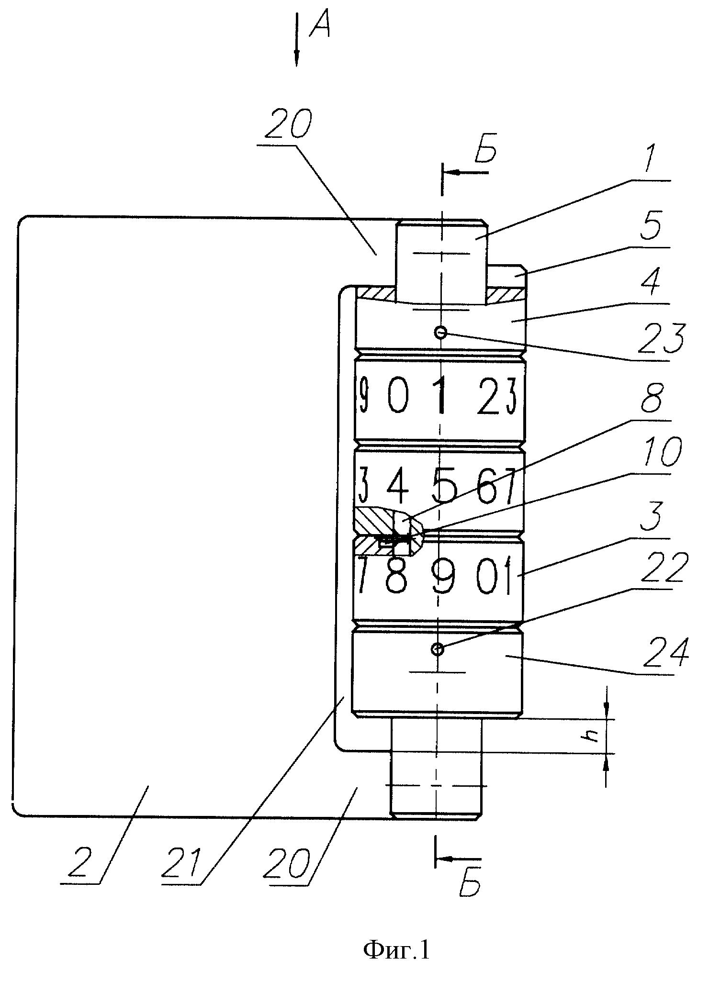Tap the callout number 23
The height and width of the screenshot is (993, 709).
(x=663, y=339)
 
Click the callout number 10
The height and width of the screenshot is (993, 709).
(x=664, y=452)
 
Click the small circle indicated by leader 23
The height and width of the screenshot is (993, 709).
(x=440, y=332)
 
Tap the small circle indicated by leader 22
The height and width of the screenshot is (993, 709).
(x=437, y=649)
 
